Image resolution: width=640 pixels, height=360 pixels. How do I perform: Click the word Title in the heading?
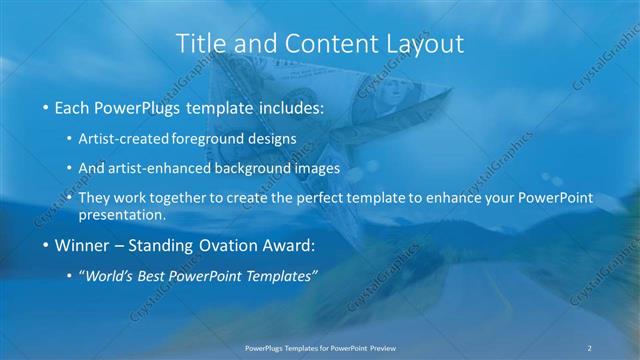click(x=201, y=44)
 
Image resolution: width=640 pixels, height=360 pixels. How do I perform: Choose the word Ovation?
click(x=226, y=244)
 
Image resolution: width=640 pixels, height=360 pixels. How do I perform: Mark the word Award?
click(x=291, y=244)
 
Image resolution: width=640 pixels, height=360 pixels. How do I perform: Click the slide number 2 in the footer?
click(x=589, y=347)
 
